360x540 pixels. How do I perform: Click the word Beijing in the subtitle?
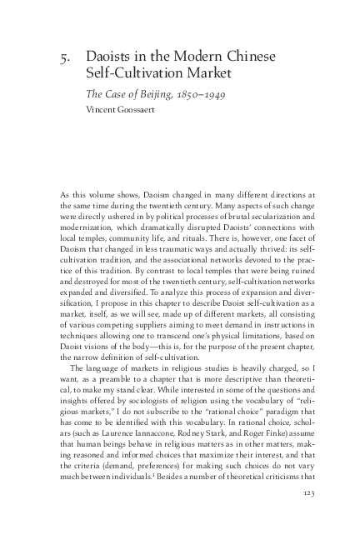[x=149, y=92]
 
